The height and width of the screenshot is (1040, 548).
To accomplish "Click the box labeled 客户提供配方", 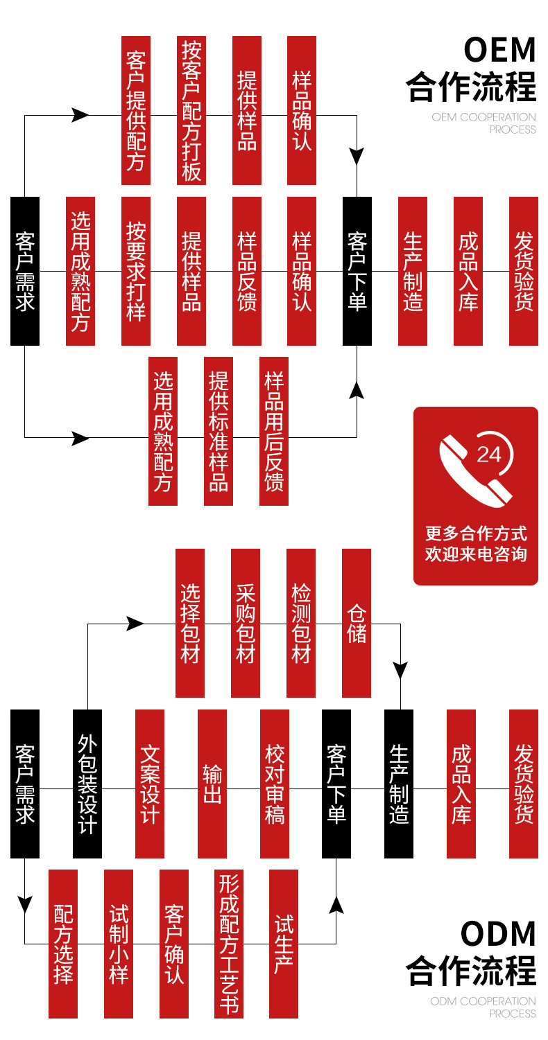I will (136, 110).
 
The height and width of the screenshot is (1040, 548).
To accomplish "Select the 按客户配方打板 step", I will (191, 110).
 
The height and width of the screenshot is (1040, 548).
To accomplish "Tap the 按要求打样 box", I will (136, 271).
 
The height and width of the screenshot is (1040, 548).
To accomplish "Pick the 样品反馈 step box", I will (247, 271).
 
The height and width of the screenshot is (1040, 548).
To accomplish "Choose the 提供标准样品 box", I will (219, 430).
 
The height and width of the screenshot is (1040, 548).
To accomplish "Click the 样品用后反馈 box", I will (274, 430).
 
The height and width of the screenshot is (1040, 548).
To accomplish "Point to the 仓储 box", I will (357, 623).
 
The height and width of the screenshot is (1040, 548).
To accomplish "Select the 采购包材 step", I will (246, 623).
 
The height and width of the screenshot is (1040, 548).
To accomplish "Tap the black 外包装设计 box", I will (87, 784).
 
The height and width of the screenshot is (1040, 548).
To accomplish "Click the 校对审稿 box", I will (275, 784).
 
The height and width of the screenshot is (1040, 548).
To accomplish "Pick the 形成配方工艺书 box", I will (229, 944).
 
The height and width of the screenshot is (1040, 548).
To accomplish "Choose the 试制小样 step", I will (119, 944).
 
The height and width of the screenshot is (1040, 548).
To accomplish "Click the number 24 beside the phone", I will (489, 454).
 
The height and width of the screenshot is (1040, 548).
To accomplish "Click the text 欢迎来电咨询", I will (476, 554).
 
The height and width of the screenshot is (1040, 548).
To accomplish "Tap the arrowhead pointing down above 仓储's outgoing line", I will (401, 669).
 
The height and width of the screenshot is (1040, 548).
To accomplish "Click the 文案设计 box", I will (150, 784).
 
